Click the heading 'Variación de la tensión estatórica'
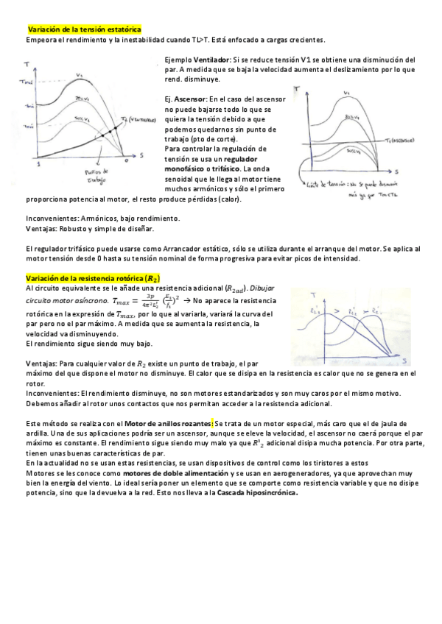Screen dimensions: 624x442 84,29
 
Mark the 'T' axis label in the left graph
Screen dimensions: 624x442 27,65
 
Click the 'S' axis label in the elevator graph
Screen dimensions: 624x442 396,171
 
